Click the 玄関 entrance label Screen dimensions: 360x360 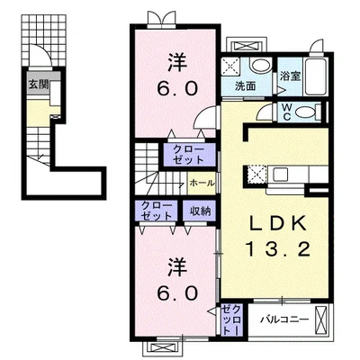(39, 85)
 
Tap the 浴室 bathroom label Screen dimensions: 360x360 (290, 76)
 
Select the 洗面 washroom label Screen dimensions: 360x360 (246, 86)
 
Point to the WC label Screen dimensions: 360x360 (287, 112)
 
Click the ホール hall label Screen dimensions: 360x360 (202, 183)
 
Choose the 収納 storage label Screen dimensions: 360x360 (201, 211)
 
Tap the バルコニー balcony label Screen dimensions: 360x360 (284, 319)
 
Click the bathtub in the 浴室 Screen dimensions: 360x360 (316, 76)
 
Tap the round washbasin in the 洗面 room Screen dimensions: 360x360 (261, 65)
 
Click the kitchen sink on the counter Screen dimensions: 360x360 (280, 175)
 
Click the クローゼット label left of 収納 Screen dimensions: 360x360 (157, 211)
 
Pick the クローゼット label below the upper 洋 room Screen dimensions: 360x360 (189, 155)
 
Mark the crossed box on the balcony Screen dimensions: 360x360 (321, 319)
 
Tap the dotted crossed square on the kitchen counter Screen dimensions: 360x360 (256, 175)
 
